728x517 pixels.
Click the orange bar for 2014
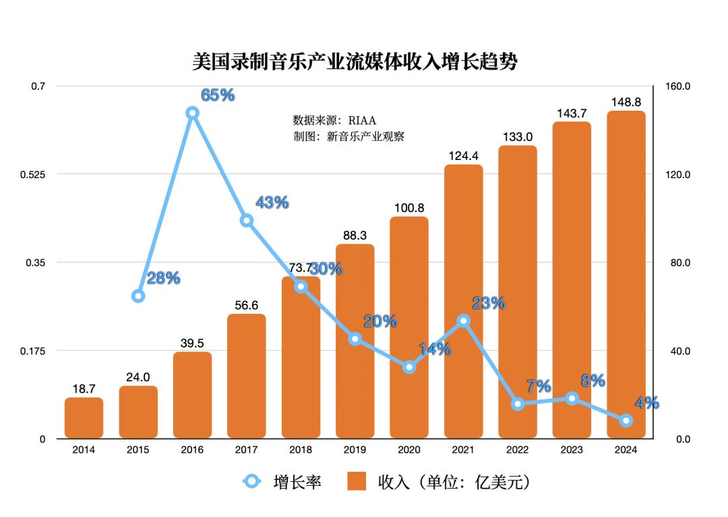pyautogui.click(x=84, y=418)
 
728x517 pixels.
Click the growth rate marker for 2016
pyautogui.click(x=192, y=113)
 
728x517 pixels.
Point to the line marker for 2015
pyautogui.click(x=138, y=296)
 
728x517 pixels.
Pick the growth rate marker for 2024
pyautogui.click(x=626, y=420)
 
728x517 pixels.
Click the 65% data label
pyautogui.click(x=218, y=95)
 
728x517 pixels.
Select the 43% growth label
pyautogui.click(x=272, y=202)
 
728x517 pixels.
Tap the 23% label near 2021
pyautogui.click(x=489, y=303)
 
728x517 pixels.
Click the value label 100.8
pyautogui.click(x=409, y=208)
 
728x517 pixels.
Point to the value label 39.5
pyautogui.click(x=192, y=343)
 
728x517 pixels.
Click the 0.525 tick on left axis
pyautogui.click(x=32, y=175)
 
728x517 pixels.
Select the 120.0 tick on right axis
pyautogui.click(x=677, y=175)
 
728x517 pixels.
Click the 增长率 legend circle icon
pyautogui.click(x=251, y=481)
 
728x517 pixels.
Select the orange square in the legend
pyautogui.click(x=357, y=481)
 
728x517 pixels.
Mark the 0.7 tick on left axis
pyautogui.click(x=38, y=86)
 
